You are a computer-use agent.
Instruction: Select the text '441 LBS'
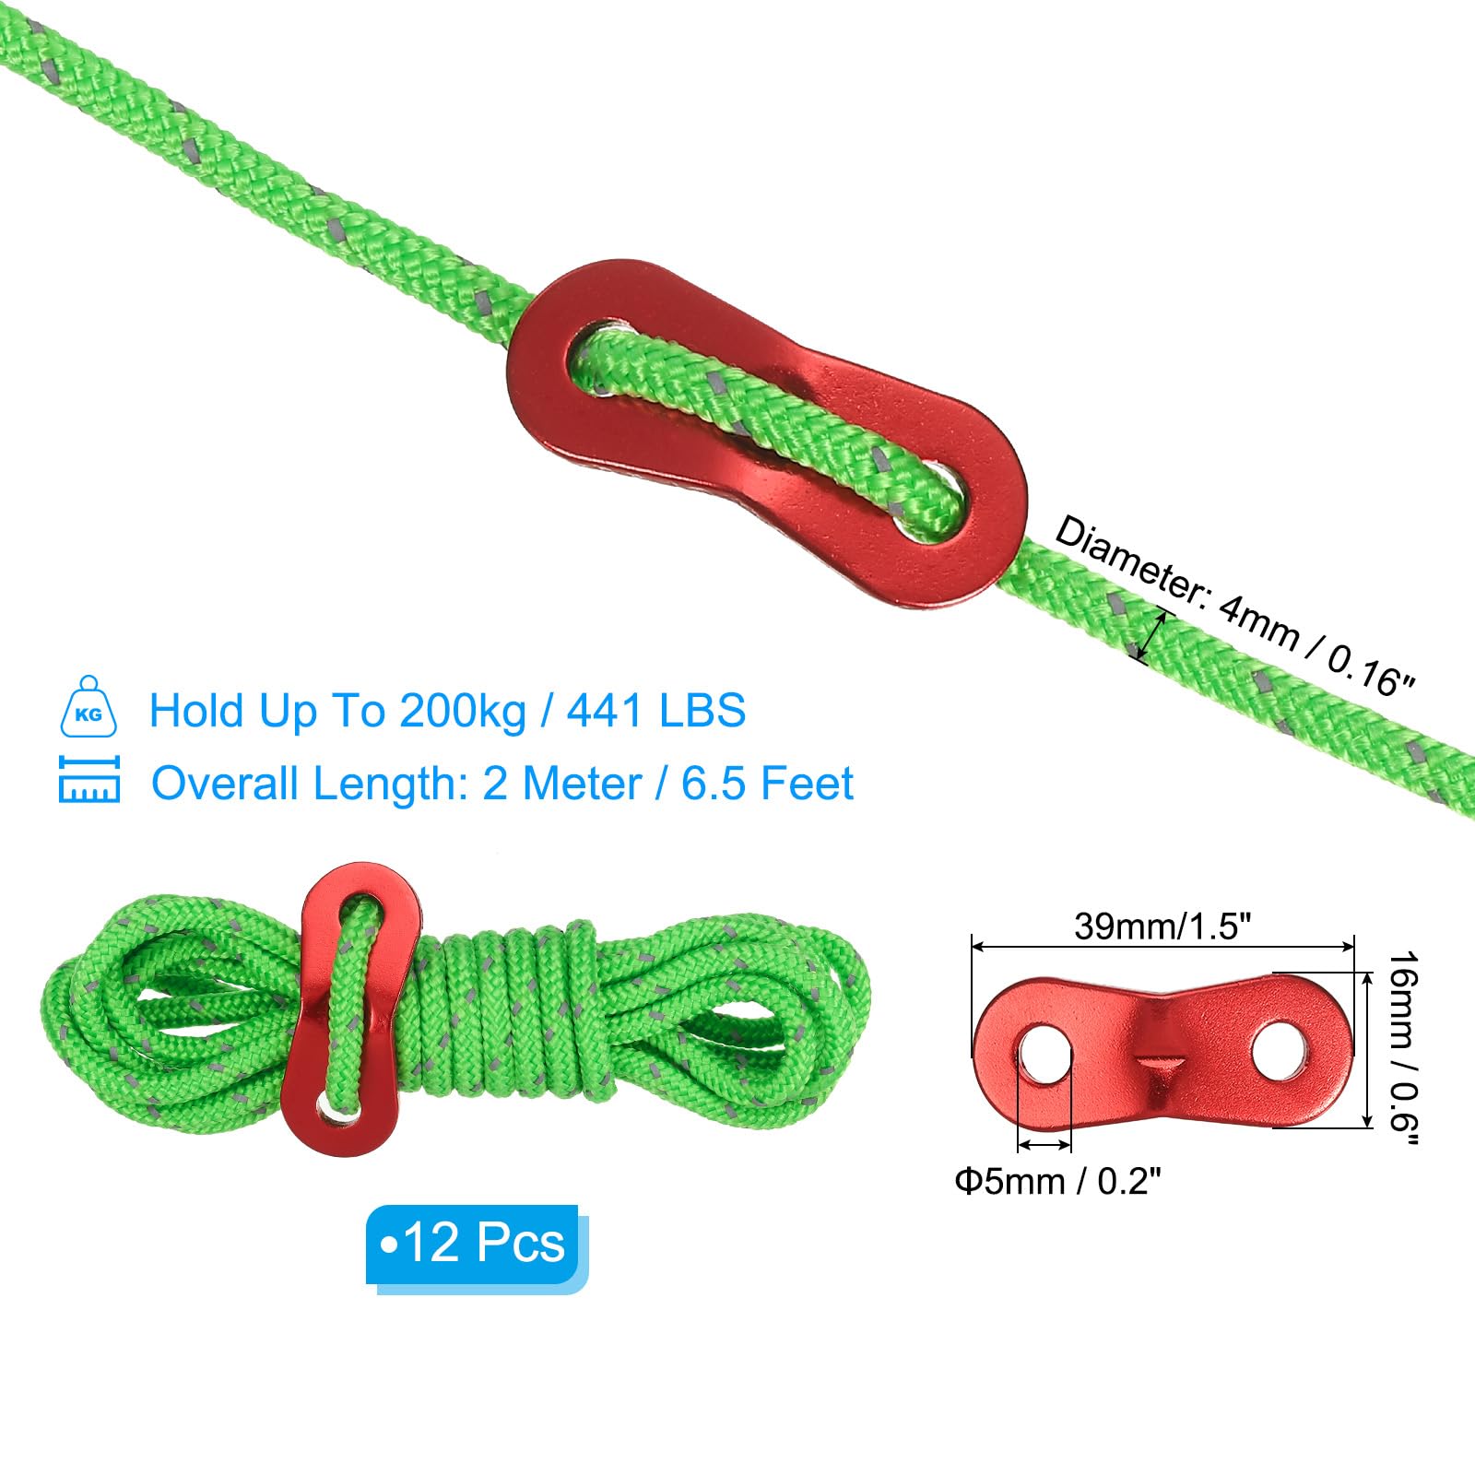pos(656,711)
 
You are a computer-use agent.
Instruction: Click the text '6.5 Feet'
pos(767,784)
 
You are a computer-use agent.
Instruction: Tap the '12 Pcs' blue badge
pos(477,1247)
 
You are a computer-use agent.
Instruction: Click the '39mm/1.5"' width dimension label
pos(1162,926)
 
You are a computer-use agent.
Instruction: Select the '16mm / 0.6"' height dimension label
pos(1404,1048)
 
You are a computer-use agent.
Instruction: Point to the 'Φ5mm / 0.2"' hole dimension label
pos(1057,1181)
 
